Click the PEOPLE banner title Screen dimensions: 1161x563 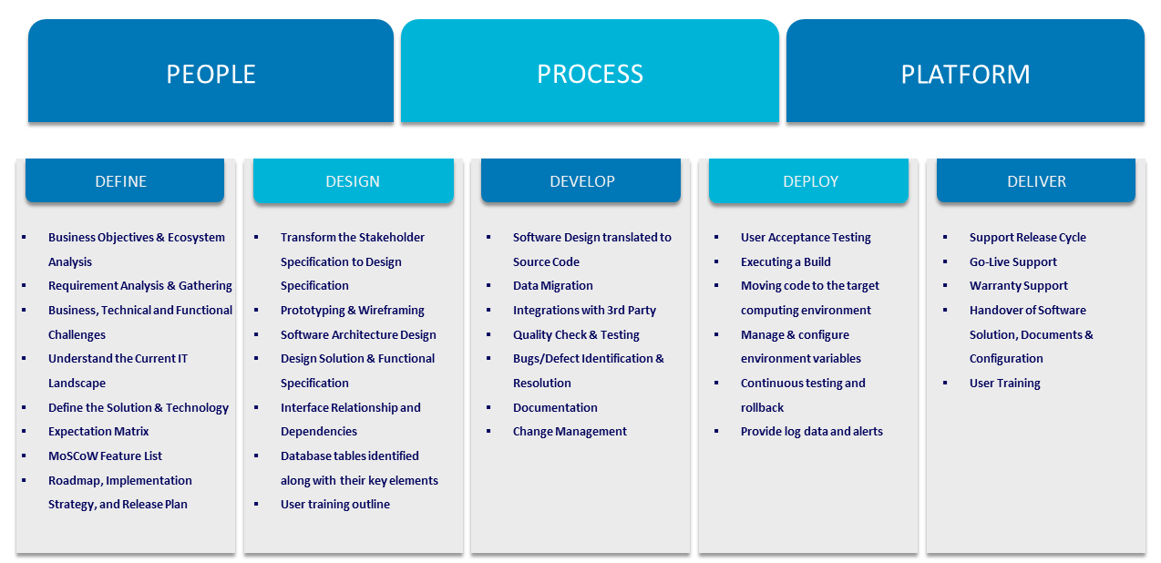(211, 74)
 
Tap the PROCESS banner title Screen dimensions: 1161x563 (590, 74)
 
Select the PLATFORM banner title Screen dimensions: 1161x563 (965, 74)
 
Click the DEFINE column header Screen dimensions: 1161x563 (121, 181)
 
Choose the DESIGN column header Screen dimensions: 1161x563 (353, 181)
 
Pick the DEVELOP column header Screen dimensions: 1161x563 (582, 181)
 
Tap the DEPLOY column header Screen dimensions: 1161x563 (811, 181)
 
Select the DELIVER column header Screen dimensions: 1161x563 (1037, 181)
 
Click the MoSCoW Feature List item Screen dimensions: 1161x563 (105, 456)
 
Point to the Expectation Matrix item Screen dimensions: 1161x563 (98, 432)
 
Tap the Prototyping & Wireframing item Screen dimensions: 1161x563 (353, 311)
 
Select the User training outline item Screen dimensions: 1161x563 (335, 505)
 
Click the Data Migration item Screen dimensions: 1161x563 (553, 286)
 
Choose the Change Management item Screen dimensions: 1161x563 (570, 432)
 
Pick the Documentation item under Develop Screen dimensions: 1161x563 (555, 407)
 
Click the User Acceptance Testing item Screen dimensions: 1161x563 (806, 237)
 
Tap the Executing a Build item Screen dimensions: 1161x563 (786, 262)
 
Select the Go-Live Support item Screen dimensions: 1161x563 (1013, 262)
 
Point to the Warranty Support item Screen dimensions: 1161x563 (1019, 286)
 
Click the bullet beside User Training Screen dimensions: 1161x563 (945, 383)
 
